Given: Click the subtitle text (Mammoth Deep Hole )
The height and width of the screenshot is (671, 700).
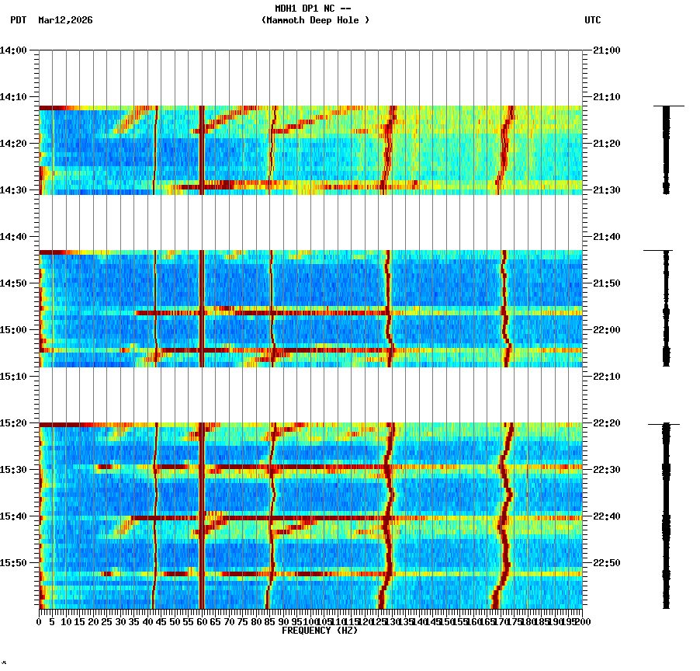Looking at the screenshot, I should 315,20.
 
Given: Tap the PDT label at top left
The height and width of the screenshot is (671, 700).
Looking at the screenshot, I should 19,20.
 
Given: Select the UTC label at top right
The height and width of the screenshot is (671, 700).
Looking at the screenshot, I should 592,20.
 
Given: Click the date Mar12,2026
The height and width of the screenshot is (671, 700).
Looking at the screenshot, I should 65,20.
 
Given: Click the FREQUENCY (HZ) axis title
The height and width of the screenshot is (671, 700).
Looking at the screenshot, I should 319,631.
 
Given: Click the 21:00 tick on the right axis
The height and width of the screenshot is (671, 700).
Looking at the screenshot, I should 605,50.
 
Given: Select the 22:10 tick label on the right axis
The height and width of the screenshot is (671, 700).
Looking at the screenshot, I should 605,377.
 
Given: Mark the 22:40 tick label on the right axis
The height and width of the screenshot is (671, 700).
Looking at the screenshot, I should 605,516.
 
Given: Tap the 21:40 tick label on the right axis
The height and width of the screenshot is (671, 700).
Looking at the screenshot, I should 605,237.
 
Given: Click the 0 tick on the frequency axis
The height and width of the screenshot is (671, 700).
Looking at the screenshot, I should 40,622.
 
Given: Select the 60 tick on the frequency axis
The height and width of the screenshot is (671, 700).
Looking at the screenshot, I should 203,622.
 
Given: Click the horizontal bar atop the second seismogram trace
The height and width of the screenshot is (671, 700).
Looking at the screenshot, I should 657,251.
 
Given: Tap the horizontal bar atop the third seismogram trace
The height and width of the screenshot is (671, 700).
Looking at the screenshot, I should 664,424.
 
